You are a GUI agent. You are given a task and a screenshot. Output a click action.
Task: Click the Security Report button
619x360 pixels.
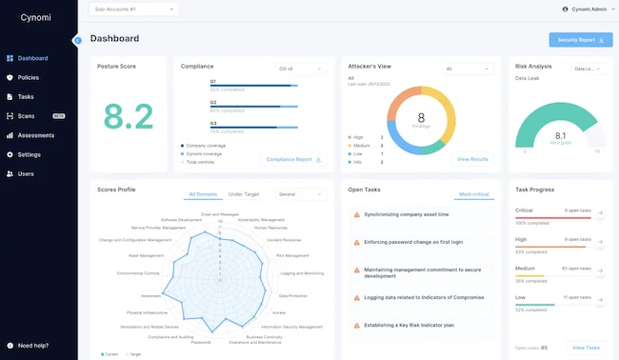[580, 39]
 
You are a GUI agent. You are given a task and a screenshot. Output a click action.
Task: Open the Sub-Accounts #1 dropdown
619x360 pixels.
[133, 10]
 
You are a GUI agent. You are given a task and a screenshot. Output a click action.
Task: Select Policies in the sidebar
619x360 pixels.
[28, 77]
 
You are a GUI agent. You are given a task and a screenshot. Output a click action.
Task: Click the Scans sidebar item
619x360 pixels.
[27, 115]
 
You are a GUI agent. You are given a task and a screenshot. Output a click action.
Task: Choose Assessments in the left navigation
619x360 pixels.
[35, 135]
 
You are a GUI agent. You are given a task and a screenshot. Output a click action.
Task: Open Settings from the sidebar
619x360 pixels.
[29, 154]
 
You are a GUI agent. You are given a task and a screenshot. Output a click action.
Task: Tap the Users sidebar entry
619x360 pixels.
[26, 173]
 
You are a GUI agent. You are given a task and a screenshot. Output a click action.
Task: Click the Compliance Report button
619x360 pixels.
[293, 159]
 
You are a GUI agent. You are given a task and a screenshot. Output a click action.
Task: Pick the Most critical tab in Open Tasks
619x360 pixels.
[473, 193]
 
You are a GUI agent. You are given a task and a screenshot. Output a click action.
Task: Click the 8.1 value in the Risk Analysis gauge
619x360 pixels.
[560, 135]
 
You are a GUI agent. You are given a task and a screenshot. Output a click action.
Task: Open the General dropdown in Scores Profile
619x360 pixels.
[300, 193]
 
